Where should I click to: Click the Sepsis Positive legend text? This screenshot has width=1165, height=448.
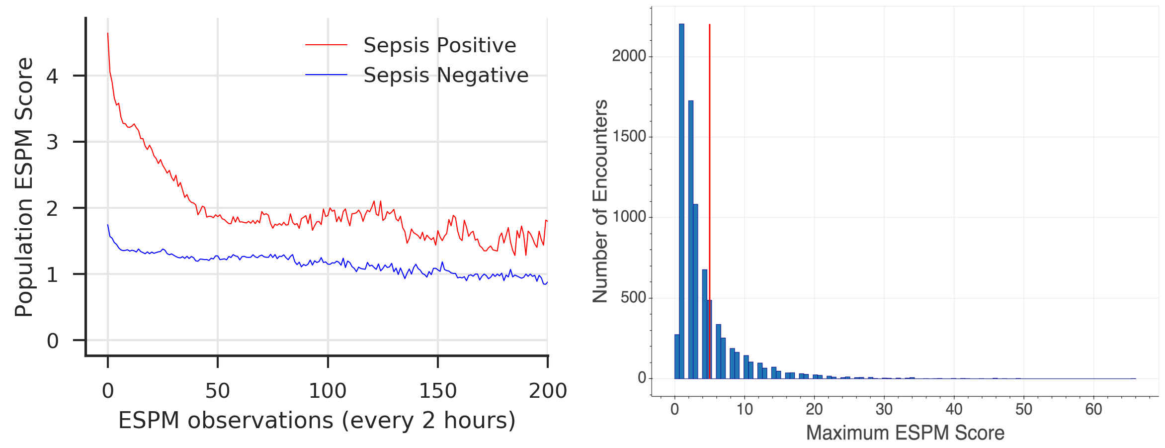point(439,45)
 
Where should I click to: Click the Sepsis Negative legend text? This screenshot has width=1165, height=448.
point(445,75)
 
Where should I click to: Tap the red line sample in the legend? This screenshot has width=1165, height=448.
point(326,45)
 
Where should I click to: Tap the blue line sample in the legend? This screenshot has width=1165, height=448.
point(326,75)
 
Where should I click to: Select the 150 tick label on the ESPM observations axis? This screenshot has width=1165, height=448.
point(437,391)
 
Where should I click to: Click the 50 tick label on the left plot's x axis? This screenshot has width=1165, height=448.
point(218,391)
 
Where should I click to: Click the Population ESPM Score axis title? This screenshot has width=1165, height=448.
point(24,186)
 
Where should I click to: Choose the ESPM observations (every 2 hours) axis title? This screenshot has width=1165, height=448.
point(317,421)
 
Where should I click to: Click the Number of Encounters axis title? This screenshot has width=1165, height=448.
point(600,201)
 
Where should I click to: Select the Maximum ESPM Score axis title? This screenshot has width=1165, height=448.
point(905,433)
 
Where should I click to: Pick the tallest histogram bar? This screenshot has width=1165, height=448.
point(681,199)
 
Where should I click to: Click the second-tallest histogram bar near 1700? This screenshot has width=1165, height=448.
point(691,239)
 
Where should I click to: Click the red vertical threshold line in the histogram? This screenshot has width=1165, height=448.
point(709,149)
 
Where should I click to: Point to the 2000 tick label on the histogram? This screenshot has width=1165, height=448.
point(629,56)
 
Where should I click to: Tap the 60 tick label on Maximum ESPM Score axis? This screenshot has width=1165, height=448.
point(1093,409)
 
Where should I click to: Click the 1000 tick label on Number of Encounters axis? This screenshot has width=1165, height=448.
point(629,217)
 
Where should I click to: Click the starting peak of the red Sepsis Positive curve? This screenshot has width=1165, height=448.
point(108,34)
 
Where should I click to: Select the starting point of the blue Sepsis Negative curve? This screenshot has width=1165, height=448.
point(108,225)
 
